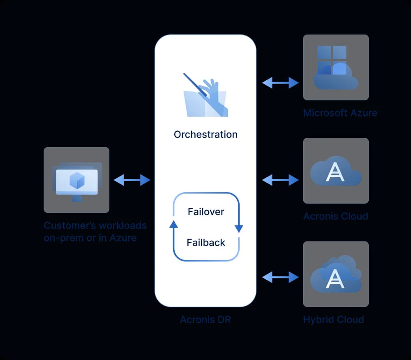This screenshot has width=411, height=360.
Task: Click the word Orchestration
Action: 205,135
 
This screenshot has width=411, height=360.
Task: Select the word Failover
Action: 206,212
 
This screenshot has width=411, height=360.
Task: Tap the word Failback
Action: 206,243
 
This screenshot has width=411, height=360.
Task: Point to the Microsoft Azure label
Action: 340,113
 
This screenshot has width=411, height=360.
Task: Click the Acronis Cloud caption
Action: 335,216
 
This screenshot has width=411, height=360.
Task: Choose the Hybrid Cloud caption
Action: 333,320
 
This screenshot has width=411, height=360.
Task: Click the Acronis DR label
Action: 205,320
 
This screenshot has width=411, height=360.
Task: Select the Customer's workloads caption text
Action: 95,232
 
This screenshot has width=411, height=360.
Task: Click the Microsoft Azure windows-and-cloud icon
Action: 335,67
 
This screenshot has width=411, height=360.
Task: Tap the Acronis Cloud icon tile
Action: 335,171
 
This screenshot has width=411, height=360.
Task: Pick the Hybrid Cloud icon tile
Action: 335,274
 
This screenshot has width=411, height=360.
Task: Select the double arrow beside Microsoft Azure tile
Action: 280,83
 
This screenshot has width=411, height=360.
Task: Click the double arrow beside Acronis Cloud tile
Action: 280,180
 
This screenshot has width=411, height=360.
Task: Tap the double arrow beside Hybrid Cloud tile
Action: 280,277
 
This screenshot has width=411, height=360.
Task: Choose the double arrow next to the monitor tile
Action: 132,180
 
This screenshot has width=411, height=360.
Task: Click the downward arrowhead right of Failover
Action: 239,229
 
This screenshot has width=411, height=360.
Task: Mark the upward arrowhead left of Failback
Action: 173,224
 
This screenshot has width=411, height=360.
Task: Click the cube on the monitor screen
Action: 77,180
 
